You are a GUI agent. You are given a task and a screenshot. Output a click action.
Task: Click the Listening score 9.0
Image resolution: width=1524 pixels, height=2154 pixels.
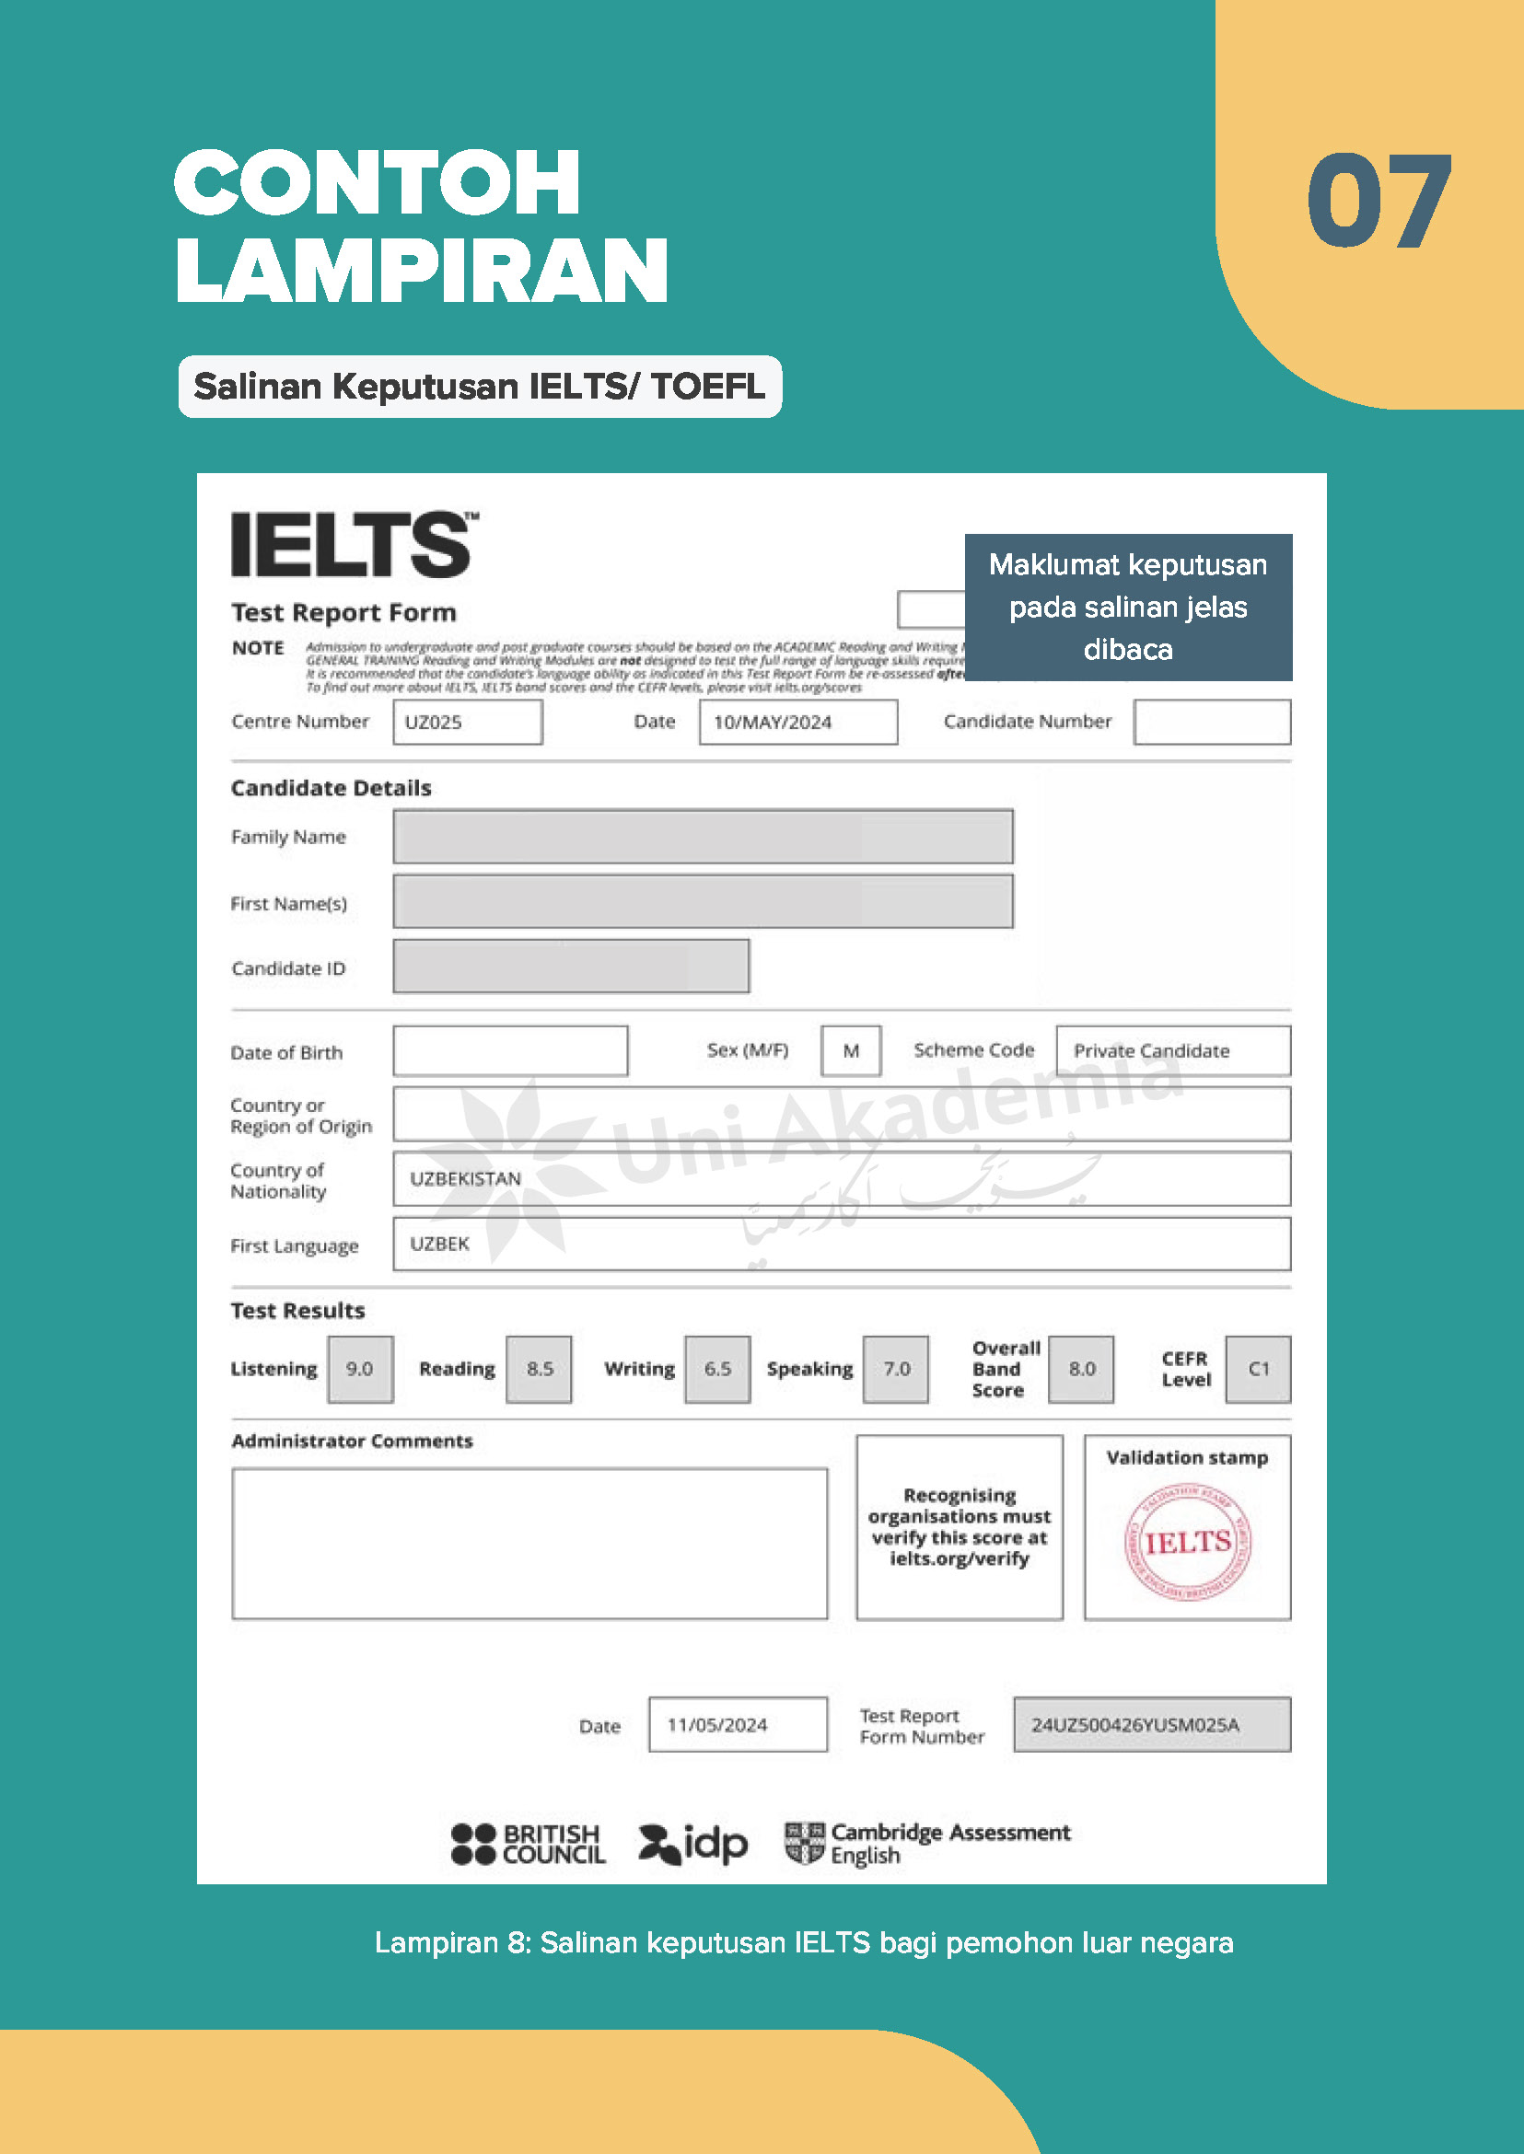coord(359,1369)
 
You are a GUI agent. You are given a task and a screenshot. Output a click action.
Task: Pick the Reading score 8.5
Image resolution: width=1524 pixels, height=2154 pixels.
coord(539,1369)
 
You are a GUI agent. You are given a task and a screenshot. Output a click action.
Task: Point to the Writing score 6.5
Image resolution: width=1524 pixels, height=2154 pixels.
coord(717,1369)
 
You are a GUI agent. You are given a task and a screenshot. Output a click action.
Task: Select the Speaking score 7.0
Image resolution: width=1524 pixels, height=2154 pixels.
coord(895,1369)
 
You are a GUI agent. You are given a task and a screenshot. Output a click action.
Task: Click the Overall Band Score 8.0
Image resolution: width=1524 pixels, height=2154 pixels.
coord(1081,1369)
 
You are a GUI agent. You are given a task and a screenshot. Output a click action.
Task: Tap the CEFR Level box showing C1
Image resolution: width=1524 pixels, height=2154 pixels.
coord(1258,1369)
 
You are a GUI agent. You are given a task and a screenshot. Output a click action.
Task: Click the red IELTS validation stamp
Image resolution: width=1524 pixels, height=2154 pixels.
coord(1187,1541)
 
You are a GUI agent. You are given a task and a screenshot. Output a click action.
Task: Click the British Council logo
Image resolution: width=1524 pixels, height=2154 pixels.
coord(528,1844)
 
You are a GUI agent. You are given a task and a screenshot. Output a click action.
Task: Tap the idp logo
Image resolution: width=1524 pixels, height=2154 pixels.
coord(692,1844)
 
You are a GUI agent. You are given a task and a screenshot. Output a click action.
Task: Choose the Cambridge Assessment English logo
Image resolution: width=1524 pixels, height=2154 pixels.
coord(927,1844)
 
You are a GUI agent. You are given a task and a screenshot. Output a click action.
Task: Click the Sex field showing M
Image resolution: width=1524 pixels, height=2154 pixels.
coord(850,1050)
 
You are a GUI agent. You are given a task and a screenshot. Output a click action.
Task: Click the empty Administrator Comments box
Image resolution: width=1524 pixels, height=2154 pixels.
coord(529,1544)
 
